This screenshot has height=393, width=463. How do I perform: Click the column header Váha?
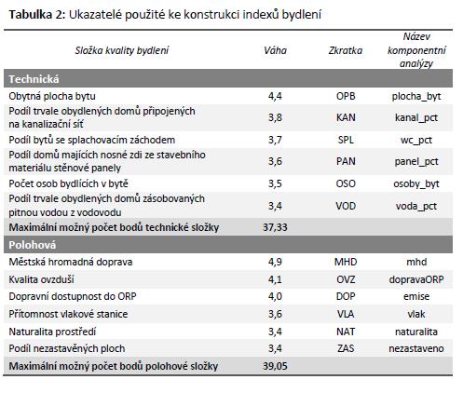tap(275, 50)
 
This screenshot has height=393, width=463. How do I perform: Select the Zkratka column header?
tap(346, 50)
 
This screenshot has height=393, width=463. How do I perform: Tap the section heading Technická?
tap(34, 79)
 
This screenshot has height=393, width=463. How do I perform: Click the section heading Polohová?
tap(33, 245)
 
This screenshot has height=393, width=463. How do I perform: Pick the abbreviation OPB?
tap(346, 96)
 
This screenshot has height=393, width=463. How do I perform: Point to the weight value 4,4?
tap(275, 96)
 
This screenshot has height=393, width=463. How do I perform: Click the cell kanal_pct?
tap(416, 118)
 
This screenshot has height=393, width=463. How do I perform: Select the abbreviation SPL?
tap(346, 140)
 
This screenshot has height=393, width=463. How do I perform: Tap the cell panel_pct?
tap(416, 162)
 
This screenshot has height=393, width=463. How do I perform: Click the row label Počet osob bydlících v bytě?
tap(68, 183)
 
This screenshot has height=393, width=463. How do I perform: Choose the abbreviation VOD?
tap(346, 206)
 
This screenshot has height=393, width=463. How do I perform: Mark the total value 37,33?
tap(275, 227)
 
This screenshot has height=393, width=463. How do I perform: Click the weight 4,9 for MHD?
tap(275, 262)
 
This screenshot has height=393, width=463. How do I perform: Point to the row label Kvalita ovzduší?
tap(41, 279)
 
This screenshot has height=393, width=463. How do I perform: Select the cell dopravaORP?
tap(416, 279)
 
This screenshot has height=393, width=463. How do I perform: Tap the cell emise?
tap(416, 296)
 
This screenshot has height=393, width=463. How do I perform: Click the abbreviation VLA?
tap(346, 314)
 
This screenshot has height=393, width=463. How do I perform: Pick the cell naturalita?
tap(416, 332)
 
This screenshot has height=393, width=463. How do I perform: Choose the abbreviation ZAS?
tap(346, 348)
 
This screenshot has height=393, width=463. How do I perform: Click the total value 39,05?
tap(275, 366)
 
